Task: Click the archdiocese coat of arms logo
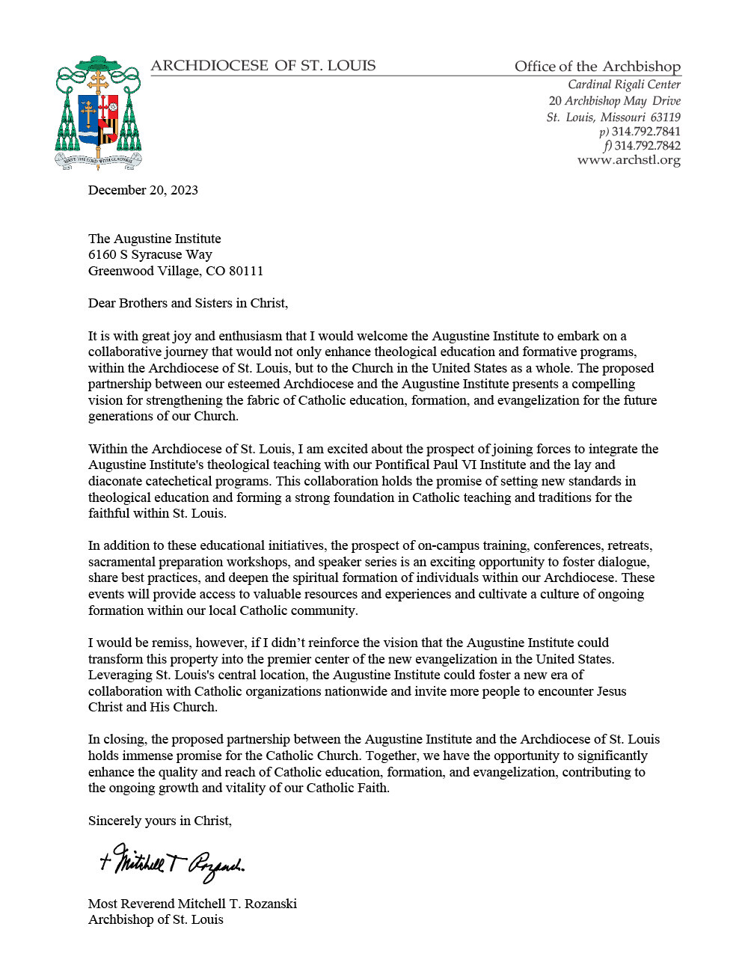tap(98, 112)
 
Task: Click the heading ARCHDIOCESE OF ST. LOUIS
tap(263, 66)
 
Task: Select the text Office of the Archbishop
tap(597, 67)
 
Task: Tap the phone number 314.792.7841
tap(646, 132)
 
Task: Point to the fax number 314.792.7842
tap(647, 146)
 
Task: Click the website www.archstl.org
tap(628, 160)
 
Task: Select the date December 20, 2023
tap(143, 190)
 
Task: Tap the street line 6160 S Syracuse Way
tap(150, 254)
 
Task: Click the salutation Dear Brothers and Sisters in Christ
tap(188, 303)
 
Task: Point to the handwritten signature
tap(172, 864)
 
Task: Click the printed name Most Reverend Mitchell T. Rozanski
tap(192, 904)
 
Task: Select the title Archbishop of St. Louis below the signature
tap(156, 919)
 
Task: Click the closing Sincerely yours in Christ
tap(159, 821)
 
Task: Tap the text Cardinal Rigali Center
tap(624, 85)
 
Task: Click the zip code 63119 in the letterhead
tap(665, 117)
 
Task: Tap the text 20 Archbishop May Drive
tap(614, 101)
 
